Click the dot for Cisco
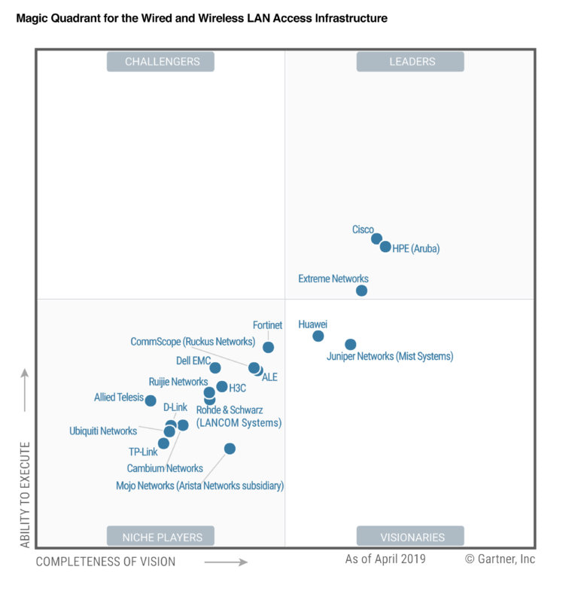click(376, 239)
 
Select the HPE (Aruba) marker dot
click(385, 247)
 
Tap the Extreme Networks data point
click(362, 291)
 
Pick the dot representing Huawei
click(318, 336)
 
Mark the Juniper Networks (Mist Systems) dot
click(351, 345)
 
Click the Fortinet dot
click(268, 347)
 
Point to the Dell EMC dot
click(215, 368)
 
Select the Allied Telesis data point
click(151, 401)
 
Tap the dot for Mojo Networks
click(230, 449)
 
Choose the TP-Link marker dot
click(163, 443)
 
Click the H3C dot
click(221, 387)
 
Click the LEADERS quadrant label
click(410, 62)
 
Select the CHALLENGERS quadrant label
click(160, 62)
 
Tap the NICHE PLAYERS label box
click(160, 537)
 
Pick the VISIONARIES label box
click(410, 537)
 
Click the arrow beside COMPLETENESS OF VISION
click(226, 562)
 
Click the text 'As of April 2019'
click(385, 559)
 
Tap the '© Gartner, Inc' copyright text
click(500, 559)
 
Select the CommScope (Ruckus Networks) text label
click(193, 342)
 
